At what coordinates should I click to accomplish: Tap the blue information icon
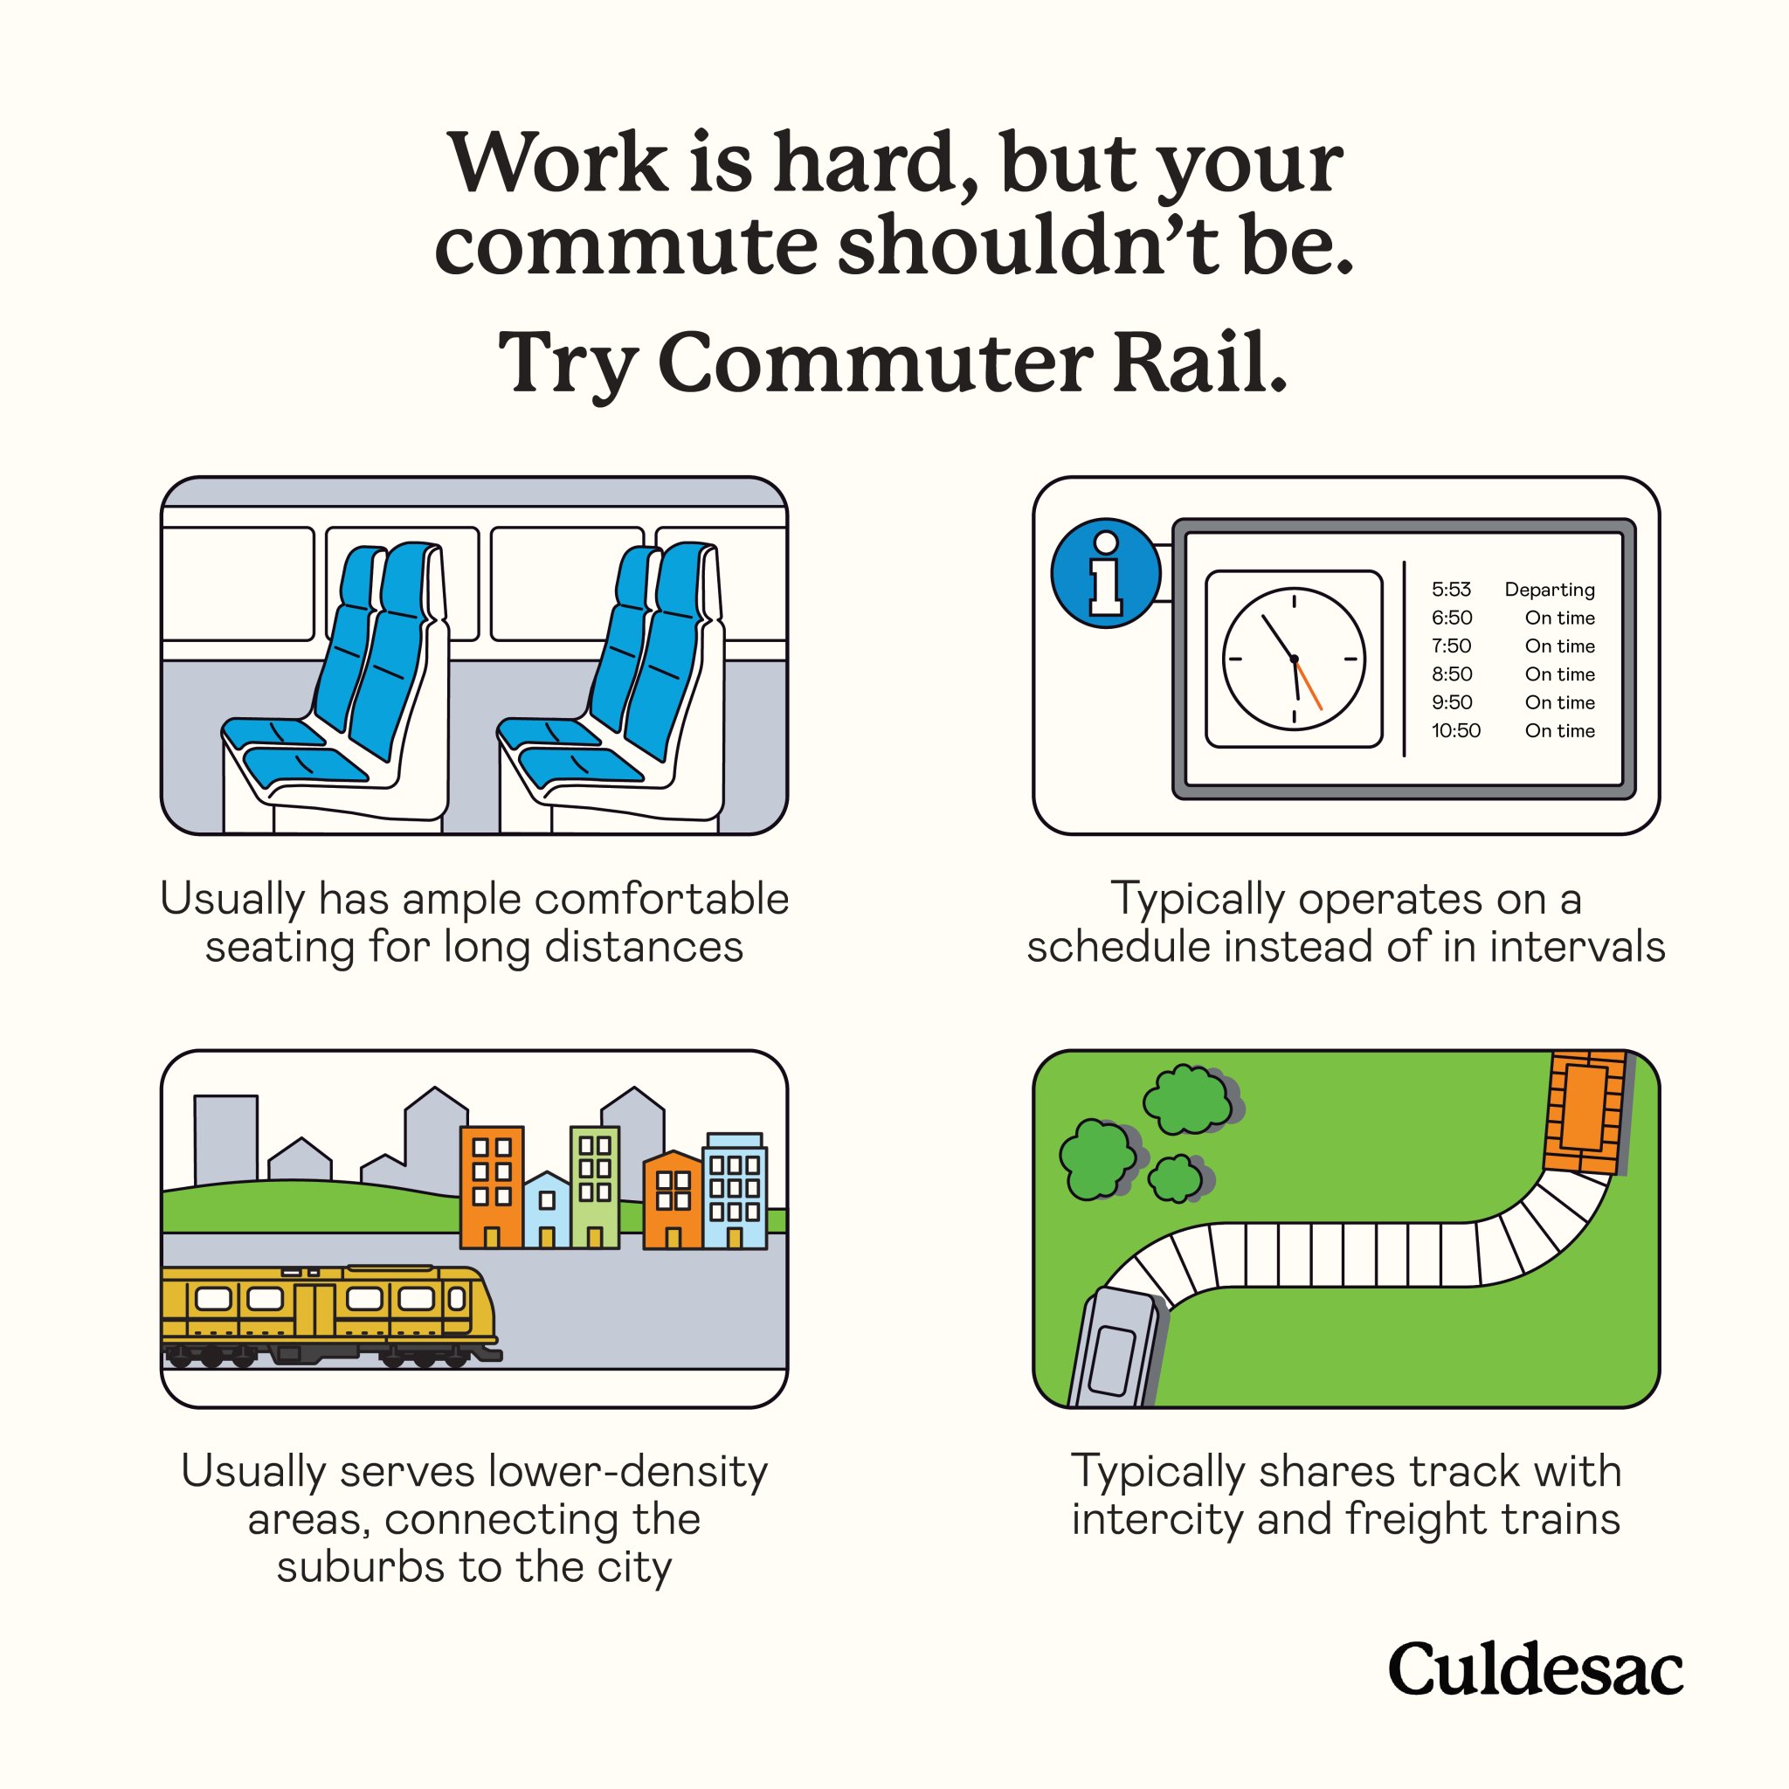(1106, 573)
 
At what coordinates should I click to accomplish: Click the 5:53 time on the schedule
(1451, 589)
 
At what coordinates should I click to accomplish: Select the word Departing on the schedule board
(1549, 590)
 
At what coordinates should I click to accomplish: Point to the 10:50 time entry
(1455, 730)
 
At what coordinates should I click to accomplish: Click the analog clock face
(1294, 659)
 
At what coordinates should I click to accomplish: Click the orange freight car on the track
(1585, 1109)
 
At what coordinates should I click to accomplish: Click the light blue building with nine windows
(735, 1191)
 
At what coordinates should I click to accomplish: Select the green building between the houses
(595, 1186)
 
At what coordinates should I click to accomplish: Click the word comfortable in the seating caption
(661, 898)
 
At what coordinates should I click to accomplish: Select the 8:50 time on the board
(1451, 674)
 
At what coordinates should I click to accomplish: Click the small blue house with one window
(546, 1209)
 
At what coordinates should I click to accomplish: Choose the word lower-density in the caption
(628, 1470)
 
